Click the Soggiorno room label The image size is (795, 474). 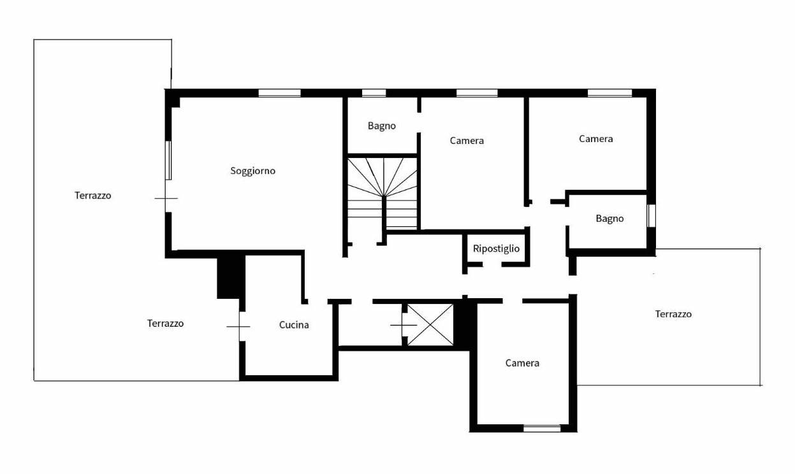tap(252, 171)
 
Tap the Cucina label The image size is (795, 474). tap(294, 325)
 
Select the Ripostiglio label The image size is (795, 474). tap(496, 248)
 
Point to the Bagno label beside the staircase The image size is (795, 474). tap(381, 126)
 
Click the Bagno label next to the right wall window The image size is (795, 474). tap(609, 219)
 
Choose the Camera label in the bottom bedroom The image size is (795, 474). tap(522, 363)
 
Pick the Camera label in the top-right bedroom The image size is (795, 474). tap(596, 139)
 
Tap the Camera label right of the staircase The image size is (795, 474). tap(467, 141)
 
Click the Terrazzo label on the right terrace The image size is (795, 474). tap(673, 314)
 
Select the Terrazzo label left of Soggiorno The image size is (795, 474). tap(93, 196)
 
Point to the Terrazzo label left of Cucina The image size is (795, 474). tap(165, 323)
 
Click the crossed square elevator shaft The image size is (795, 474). tap(430, 324)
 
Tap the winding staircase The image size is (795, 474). tap(383, 194)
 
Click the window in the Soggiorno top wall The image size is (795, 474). tap(279, 93)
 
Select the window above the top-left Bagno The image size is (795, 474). tap(374, 93)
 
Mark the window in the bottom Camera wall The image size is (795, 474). tap(542, 428)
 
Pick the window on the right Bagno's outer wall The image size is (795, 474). tap(652, 216)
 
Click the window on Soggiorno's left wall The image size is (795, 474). tap(168, 161)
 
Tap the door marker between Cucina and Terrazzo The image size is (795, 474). tap(238, 326)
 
